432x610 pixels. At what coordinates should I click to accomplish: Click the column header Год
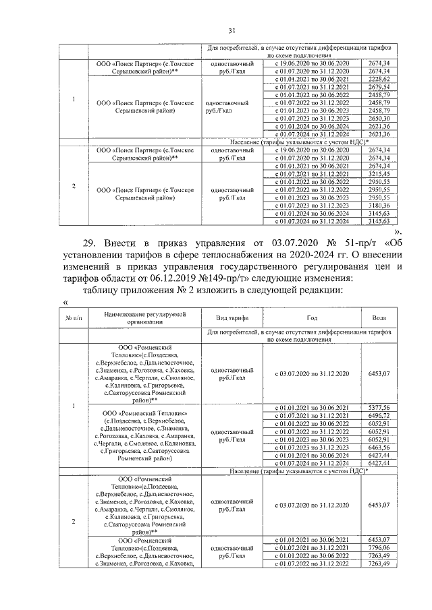pos(311,317)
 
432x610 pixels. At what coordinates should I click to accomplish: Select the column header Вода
pos(379,317)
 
